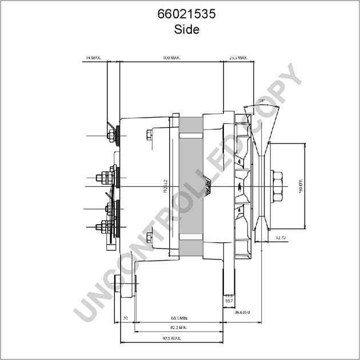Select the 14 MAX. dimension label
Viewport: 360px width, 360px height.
(x=93, y=58)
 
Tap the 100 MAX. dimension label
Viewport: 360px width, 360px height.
(x=171, y=58)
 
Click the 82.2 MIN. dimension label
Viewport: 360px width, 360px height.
(x=179, y=327)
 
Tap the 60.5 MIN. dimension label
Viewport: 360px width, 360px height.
(x=179, y=317)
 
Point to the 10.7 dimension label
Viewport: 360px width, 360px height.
(x=229, y=300)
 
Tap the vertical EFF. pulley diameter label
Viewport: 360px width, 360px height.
(x=301, y=185)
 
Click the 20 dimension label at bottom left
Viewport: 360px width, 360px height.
(x=125, y=317)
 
